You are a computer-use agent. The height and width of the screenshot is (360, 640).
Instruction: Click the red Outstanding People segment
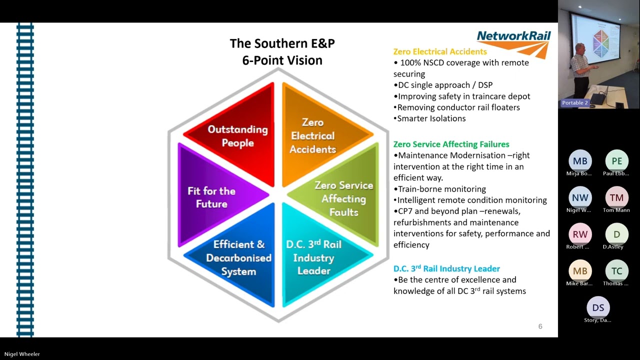238,136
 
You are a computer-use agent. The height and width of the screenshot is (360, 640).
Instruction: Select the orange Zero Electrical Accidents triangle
312,135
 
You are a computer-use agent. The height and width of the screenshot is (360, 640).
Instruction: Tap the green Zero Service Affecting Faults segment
343,198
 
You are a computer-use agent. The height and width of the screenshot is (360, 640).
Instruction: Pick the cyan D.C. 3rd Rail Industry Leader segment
313,257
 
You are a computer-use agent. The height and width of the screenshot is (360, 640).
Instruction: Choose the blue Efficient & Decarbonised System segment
238,257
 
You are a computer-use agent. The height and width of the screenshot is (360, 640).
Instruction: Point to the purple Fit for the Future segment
211,197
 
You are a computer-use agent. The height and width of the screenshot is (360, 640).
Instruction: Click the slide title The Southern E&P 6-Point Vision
282,51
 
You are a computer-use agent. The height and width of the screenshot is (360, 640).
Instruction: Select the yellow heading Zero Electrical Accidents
440,51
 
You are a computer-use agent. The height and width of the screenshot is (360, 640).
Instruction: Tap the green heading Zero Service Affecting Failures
451,144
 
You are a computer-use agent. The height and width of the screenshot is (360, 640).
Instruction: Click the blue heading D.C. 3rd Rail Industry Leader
446,268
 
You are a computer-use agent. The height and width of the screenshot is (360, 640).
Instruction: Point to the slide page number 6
540,326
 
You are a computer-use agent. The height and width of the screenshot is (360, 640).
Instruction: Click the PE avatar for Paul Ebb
616,161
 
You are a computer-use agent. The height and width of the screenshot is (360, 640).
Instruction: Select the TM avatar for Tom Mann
616,197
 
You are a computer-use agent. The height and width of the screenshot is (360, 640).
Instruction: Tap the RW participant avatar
580,234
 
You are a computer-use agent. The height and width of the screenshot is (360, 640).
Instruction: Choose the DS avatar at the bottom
598,307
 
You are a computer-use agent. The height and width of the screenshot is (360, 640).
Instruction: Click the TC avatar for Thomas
616,271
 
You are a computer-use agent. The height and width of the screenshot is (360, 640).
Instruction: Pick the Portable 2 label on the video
575,102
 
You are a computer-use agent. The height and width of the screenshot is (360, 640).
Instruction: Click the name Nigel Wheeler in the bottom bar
22,354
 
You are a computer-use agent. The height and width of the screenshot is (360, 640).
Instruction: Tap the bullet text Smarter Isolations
431,118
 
